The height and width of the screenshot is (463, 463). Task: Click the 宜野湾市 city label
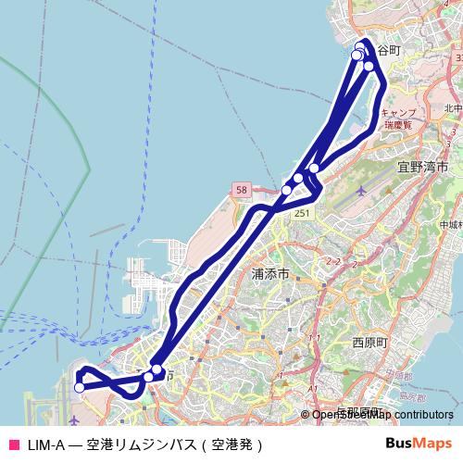pyautogui.click(x=422, y=168)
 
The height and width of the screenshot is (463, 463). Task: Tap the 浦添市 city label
pyautogui.click(x=270, y=274)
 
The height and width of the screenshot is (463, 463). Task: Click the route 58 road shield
pyautogui.click(x=242, y=190)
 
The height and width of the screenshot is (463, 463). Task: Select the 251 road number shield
pyautogui.click(x=302, y=213)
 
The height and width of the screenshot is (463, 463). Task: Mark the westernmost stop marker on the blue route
pyautogui.click(x=79, y=387)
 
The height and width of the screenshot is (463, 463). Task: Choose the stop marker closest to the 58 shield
pyautogui.click(x=287, y=189)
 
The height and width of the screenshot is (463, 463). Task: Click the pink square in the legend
pyautogui.click(x=13, y=444)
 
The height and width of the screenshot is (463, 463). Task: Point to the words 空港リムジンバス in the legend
pyautogui.click(x=144, y=444)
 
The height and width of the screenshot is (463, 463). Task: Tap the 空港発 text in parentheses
pyautogui.click(x=234, y=444)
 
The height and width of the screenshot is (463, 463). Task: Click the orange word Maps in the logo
pyautogui.click(x=432, y=443)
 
